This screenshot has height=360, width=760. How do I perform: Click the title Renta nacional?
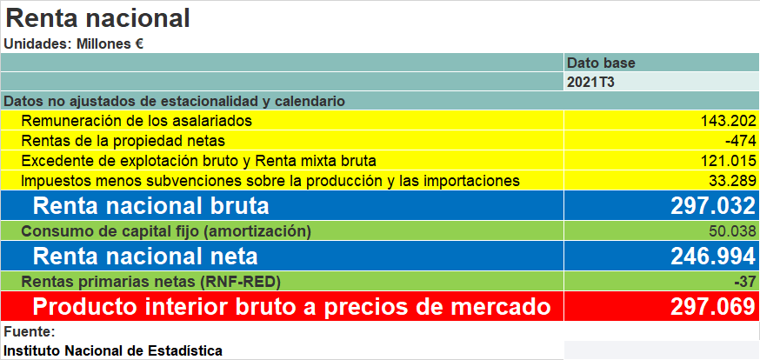click(97, 18)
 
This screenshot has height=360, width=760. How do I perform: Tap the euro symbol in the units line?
click(138, 44)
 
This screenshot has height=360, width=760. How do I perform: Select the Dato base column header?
click(601, 63)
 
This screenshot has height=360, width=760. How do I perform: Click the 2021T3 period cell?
click(590, 82)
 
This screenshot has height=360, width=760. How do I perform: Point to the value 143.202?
click(729, 121)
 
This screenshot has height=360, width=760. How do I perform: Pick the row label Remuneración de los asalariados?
click(137, 121)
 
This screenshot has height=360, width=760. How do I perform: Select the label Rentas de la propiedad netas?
click(123, 141)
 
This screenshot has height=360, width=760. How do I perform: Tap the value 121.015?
click(729, 161)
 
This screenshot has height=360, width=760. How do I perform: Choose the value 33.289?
click(732, 181)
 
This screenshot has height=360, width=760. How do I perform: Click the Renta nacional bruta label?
click(150, 206)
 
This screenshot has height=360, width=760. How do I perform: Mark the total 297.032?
click(713, 206)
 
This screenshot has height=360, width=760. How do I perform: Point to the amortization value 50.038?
click(732, 231)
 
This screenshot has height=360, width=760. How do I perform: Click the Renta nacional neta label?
click(145, 256)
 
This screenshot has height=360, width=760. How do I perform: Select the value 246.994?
click(713, 256)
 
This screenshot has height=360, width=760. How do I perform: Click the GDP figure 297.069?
click(713, 307)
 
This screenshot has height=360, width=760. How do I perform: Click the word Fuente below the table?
click(30, 332)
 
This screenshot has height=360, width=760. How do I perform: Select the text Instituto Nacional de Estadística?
click(113, 350)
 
